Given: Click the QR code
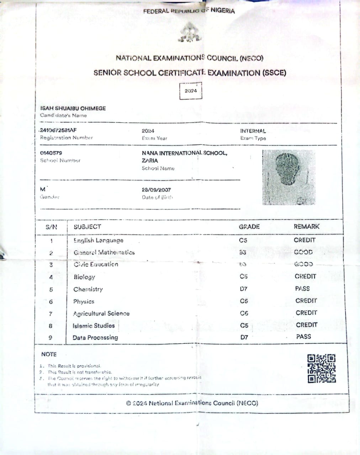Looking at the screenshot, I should click(321, 368).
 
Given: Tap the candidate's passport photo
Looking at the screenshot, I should click(288, 177).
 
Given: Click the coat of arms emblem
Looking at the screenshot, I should click(190, 33).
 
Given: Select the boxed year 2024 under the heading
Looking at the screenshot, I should click(191, 91).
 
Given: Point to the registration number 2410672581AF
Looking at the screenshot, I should click(58, 130).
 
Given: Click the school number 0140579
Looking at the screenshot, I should click(51, 153).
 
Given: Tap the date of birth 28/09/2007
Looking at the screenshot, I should click(156, 190).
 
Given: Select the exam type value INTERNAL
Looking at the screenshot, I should click(253, 131).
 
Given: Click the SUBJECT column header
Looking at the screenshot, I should click(87, 226).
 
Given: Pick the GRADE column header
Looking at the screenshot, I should click(249, 226).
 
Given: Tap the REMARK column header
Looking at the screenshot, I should click(306, 226).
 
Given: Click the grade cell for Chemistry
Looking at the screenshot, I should click(244, 289).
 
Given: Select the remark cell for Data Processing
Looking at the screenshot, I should click(303, 336).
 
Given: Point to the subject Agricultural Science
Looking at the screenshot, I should click(101, 314).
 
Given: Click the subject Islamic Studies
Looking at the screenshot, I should click(94, 326).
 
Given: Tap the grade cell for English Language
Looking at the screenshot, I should click(243, 240).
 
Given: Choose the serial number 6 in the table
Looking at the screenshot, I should click(51, 302).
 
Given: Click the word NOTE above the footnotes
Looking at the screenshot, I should click(49, 354).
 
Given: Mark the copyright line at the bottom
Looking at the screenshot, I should click(192, 403).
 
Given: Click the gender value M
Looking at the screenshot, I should click(43, 189).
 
